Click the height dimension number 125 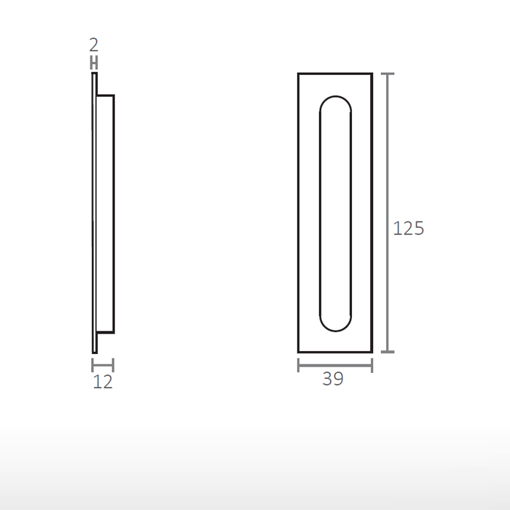tap(408, 229)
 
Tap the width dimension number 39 tap(333, 380)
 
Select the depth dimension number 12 tap(103, 382)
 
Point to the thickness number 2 tap(94, 47)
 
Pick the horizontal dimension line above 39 tap(335, 365)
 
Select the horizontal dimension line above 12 tap(103, 365)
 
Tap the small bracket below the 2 tap(94, 63)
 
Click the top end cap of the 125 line tap(388, 74)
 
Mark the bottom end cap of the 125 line tap(388, 352)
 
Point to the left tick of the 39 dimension tap(299, 365)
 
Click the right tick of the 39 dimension tap(372, 365)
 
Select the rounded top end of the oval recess tap(335, 97)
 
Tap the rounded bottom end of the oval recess tap(335, 329)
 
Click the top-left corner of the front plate tap(299, 74)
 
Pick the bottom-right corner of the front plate tap(372, 352)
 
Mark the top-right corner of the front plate tap(372, 74)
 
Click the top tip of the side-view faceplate tap(94, 74)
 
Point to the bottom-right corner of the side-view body tap(114, 332)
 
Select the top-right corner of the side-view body tap(114, 95)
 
